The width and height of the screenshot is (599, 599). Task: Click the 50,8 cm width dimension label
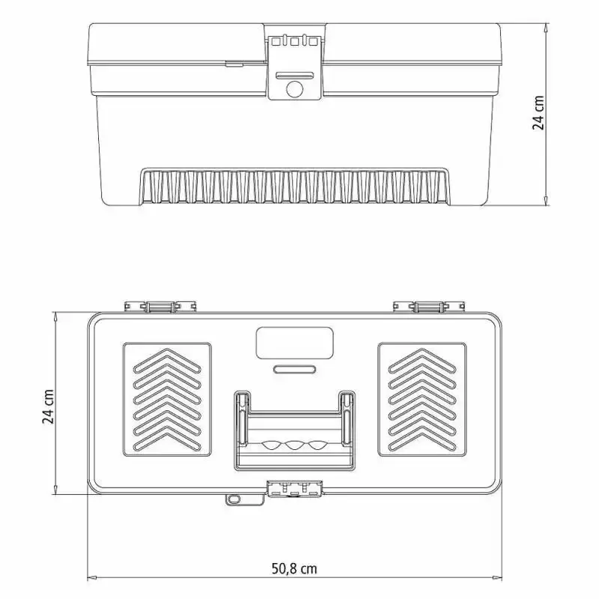(x=294, y=568)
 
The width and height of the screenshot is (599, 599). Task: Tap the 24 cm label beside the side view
(x=538, y=113)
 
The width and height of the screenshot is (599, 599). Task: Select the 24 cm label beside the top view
(x=48, y=407)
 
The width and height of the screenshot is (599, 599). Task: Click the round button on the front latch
(x=294, y=89)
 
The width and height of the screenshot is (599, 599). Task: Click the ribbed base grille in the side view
(x=294, y=186)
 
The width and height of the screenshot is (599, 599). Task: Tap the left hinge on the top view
(x=160, y=306)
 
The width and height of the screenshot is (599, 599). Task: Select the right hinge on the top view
(x=429, y=306)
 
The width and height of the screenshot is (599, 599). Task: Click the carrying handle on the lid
(x=294, y=431)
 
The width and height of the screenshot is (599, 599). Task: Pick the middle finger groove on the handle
(x=294, y=446)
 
